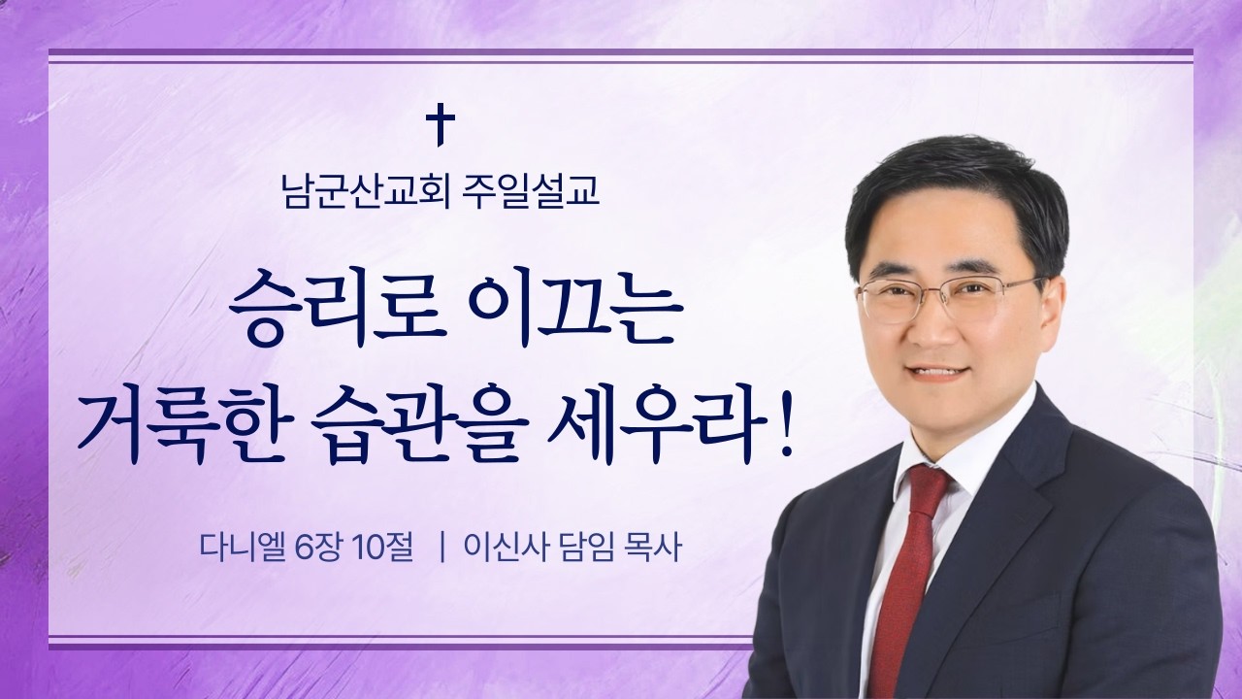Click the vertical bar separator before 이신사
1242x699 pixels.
tap(442, 549)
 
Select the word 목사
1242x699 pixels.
tap(658, 549)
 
